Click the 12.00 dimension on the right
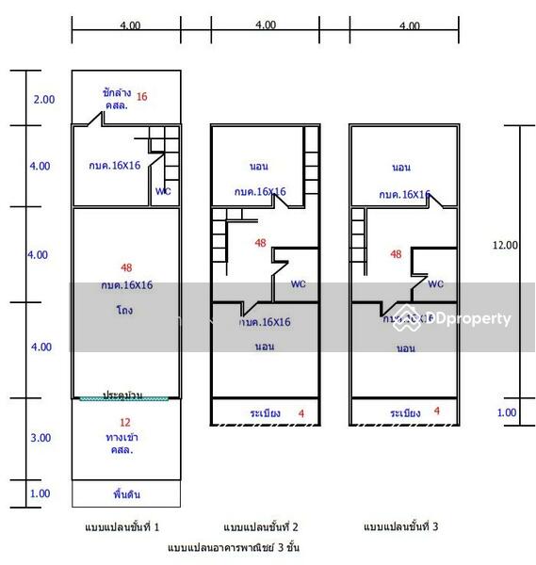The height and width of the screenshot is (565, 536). point(506,245)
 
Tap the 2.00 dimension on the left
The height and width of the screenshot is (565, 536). point(43,99)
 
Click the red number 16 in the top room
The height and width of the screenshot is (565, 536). point(141,96)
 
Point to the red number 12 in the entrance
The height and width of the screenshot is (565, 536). point(125,422)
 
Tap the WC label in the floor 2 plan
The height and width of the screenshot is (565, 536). point(298,283)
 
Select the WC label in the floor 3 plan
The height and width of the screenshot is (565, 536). point(435,283)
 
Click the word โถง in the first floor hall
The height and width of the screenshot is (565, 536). point(125,309)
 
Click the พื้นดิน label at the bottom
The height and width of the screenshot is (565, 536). point(127,492)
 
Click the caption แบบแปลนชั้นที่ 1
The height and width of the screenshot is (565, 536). point(124,526)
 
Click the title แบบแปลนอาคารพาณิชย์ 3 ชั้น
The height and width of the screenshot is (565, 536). point(233,547)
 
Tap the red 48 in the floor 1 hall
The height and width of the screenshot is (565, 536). point(126,267)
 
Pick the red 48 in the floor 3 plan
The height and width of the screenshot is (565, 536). point(396,254)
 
